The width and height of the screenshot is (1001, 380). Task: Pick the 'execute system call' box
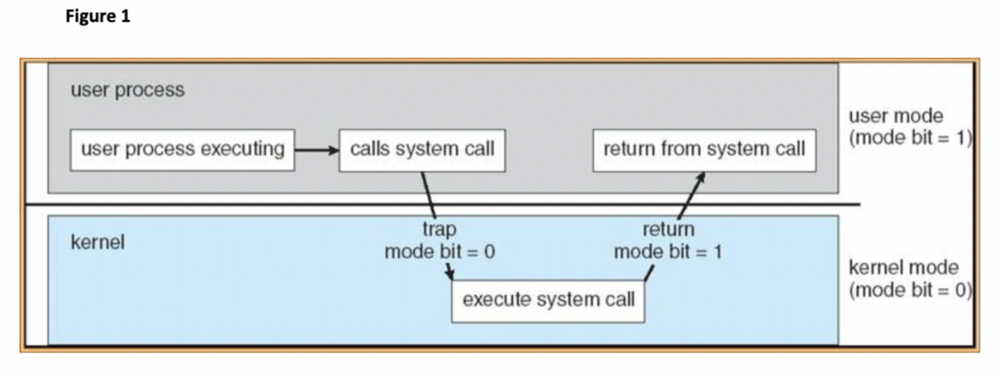coord(548,299)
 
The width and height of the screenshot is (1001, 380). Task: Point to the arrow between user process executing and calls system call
coord(316,149)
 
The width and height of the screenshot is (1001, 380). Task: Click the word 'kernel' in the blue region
coord(97,243)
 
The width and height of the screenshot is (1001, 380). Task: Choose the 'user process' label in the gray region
coord(127,90)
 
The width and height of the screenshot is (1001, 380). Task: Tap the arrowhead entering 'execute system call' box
coord(451,275)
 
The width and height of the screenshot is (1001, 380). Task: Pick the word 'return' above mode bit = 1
coord(668,229)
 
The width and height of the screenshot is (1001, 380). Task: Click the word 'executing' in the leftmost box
coord(248,149)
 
